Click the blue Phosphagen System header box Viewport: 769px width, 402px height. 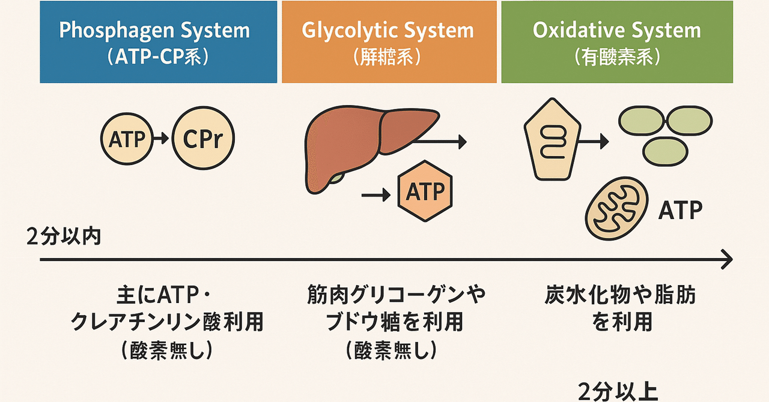(158, 42)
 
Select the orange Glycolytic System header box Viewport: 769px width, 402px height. (389, 42)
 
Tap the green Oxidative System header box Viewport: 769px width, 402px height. (617, 42)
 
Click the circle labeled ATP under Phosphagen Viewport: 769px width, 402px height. (127, 140)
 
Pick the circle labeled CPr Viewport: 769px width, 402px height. (203, 140)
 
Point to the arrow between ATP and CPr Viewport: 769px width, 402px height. (160, 140)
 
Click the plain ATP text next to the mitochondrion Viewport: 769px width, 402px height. (681, 210)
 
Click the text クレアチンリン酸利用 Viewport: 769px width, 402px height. (167, 323)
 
